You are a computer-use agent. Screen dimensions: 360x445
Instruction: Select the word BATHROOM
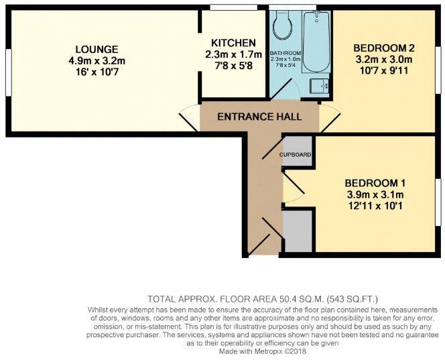285,53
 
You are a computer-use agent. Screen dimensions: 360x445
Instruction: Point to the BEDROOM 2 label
384,48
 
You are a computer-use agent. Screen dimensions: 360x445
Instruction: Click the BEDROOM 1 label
375,183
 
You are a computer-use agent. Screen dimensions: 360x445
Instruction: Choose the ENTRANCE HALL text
259,117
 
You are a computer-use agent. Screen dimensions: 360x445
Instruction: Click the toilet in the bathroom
282,27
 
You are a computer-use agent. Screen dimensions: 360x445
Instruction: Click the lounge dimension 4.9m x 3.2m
97,61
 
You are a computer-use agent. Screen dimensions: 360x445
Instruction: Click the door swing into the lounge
189,119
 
